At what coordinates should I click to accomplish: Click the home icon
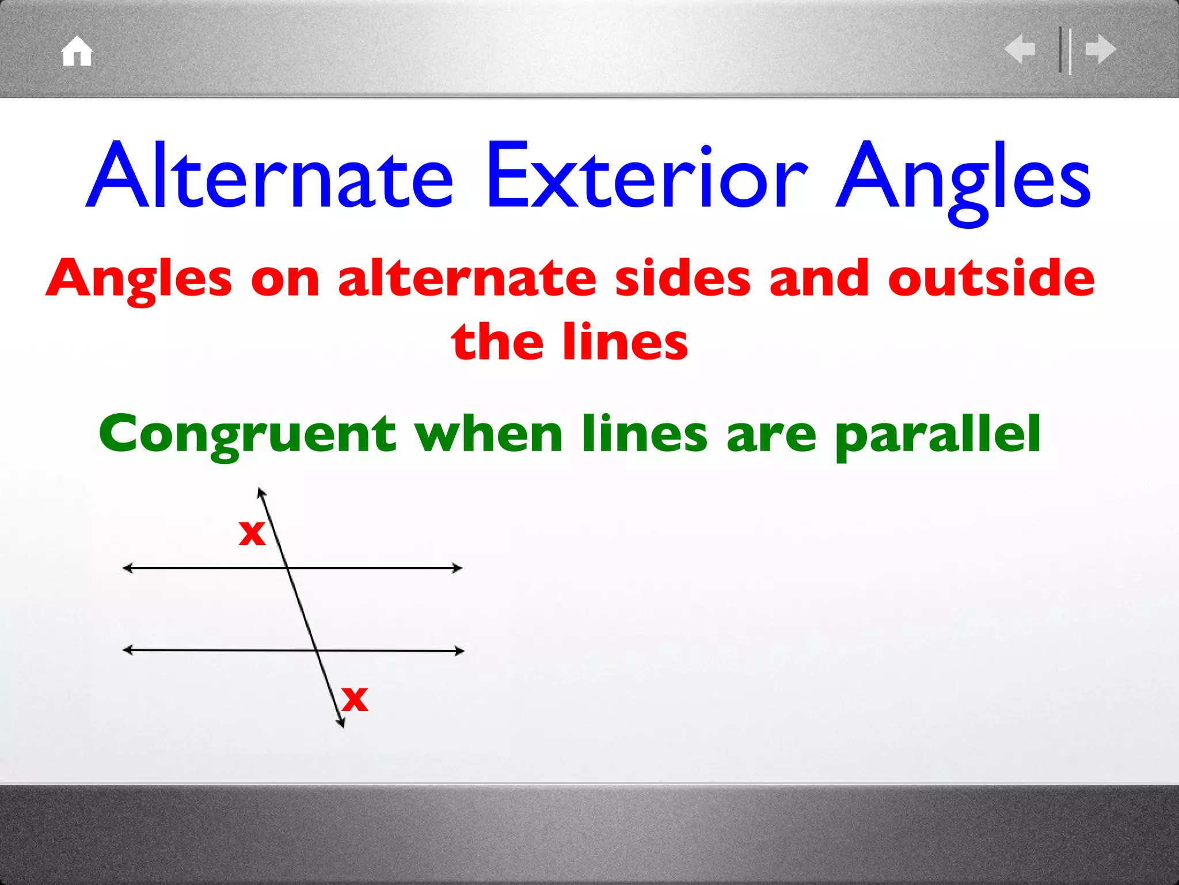(77, 51)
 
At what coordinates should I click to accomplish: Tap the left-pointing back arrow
(1020, 49)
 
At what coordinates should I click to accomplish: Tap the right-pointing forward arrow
(1101, 49)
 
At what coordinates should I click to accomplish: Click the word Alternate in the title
(271, 176)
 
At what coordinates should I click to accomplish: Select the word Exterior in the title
(648, 176)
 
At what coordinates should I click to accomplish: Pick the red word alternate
(467, 279)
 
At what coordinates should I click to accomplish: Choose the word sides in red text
(683, 279)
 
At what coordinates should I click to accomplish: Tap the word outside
(991, 279)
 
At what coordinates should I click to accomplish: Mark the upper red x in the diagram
(252, 532)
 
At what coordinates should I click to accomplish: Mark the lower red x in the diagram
(355, 699)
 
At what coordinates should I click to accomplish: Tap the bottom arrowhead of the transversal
(342, 724)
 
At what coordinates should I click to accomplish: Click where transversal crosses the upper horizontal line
(287, 568)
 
